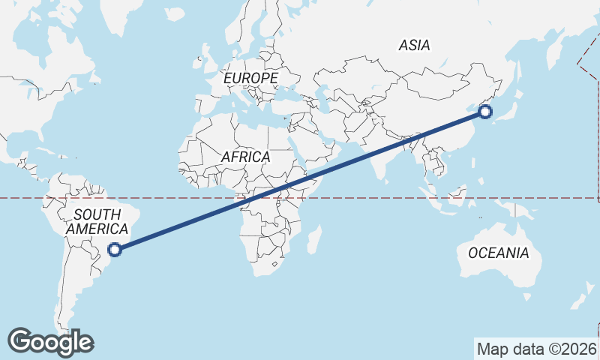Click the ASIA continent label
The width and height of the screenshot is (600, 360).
[x=415, y=46]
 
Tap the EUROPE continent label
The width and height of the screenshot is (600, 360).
[x=250, y=78]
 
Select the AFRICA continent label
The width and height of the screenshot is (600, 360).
[x=245, y=157]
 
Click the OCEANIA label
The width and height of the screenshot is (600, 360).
[x=498, y=253]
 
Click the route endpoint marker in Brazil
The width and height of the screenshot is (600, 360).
[x=115, y=250]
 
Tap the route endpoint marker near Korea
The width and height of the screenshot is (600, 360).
[x=484, y=112]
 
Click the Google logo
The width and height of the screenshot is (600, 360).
[x=50, y=342]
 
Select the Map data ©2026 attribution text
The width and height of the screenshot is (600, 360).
[x=537, y=349]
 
